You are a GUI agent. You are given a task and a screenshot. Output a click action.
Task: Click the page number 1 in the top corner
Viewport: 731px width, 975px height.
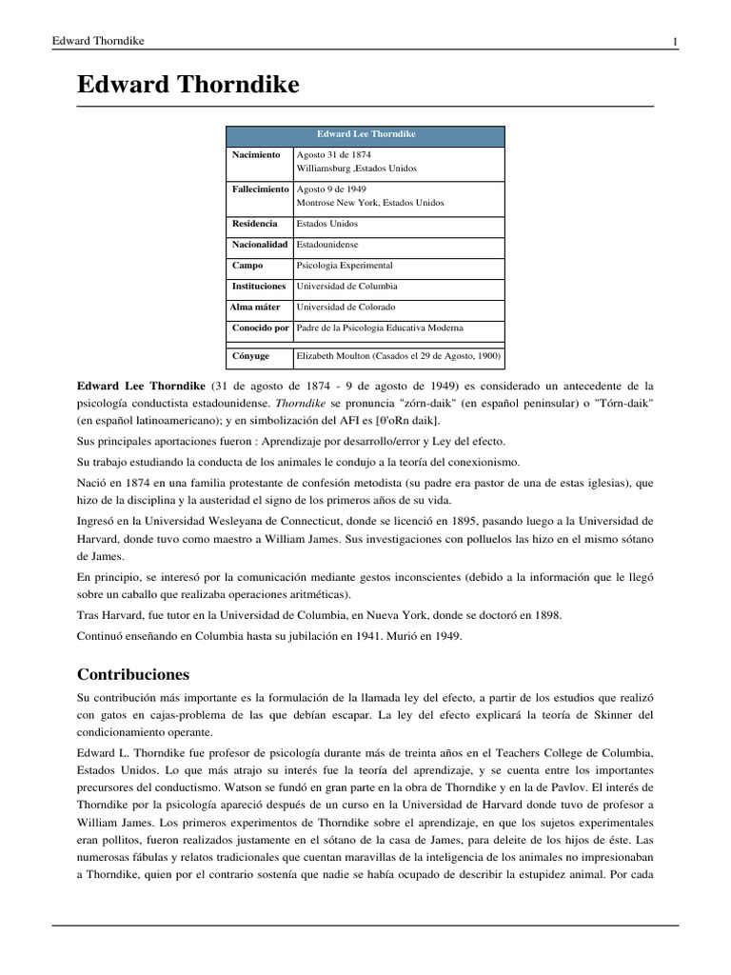click(x=675, y=41)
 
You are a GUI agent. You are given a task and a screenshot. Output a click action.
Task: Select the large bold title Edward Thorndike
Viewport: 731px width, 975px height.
click(x=188, y=86)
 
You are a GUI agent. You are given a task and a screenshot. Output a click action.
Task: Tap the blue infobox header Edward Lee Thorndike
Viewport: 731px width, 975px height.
click(x=366, y=135)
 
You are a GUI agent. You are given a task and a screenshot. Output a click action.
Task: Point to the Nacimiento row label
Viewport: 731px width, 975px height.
click(x=256, y=154)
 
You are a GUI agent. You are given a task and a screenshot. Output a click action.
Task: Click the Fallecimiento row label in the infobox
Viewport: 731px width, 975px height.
click(x=260, y=189)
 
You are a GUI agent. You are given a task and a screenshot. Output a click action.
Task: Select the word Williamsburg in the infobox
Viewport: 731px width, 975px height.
click(x=324, y=169)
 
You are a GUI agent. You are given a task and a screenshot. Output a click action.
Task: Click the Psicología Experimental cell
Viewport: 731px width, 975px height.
click(x=344, y=266)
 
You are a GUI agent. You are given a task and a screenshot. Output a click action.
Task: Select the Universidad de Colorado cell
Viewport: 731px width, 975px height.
click(x=346, y=308)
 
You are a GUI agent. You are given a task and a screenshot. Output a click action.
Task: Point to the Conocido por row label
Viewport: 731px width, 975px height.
click(x=260, y=328)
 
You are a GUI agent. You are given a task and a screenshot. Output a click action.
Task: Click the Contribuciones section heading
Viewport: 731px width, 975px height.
click(x=133, y=675)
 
